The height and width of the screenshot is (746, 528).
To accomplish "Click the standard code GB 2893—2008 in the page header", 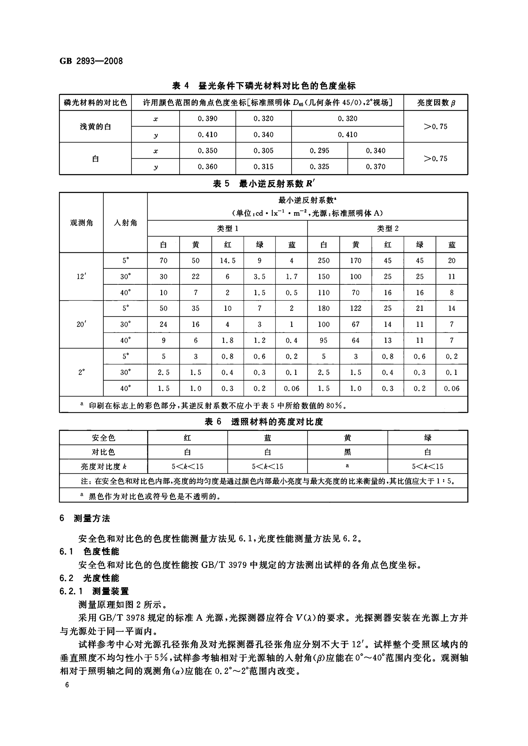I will [91, 61].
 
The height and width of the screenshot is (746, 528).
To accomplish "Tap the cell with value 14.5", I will [228, 261].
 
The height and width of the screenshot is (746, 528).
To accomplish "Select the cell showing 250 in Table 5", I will [323, 261].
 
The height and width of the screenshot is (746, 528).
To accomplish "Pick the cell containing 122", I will [356, 308].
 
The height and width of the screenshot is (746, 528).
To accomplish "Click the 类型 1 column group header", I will [228, 229].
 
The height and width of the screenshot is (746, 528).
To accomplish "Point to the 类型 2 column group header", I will [388, 229].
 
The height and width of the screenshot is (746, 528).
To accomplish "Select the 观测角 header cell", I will [81, 223].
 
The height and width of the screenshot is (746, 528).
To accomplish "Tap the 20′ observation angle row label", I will [81, 324].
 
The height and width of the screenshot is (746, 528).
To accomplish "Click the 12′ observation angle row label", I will [81, 277].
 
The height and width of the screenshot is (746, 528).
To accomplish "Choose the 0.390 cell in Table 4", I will [207, 118].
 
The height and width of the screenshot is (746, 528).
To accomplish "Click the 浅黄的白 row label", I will [95, 126].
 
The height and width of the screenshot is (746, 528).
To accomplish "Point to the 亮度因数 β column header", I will [436, 103].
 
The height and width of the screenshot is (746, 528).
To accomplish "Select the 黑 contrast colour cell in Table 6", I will [347, 452].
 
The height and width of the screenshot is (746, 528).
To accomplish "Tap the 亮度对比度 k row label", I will [103, 467].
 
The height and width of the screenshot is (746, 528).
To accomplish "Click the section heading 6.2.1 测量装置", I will [94, 591].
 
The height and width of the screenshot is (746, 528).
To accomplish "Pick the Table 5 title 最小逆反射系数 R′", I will [264, 184].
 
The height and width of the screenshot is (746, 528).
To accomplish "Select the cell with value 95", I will [323, 340].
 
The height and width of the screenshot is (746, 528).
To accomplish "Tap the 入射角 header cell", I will [125, 223].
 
